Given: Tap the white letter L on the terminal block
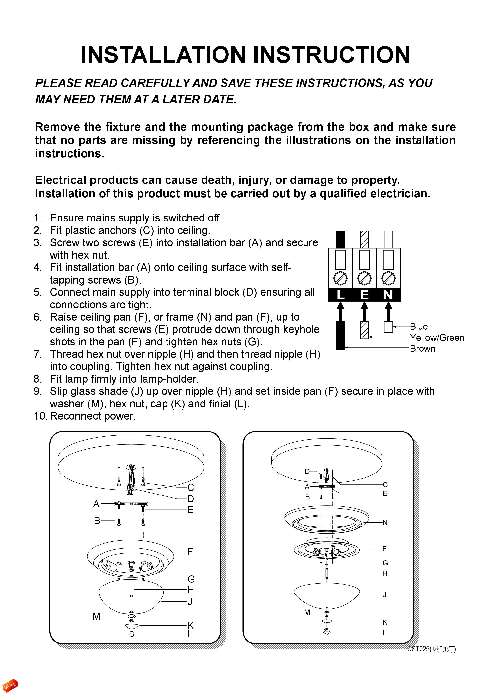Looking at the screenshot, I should pyautogui.click(x=340, y=295).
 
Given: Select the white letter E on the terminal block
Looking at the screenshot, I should pyautogui.click(x=364, y=295).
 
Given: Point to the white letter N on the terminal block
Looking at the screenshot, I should pyautogui.click(x=388, y=295).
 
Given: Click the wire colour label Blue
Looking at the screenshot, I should pyautogui.click(x=419, y=327).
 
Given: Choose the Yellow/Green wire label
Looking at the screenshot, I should pyautogui.click(x=437, y=338).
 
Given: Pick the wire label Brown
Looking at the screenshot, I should pyautogui.click(x=422, y=349).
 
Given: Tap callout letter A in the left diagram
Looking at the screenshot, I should pyautogui.click(x=96, y=504).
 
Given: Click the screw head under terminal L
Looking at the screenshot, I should pyautogui.click(x=340, y=278).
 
